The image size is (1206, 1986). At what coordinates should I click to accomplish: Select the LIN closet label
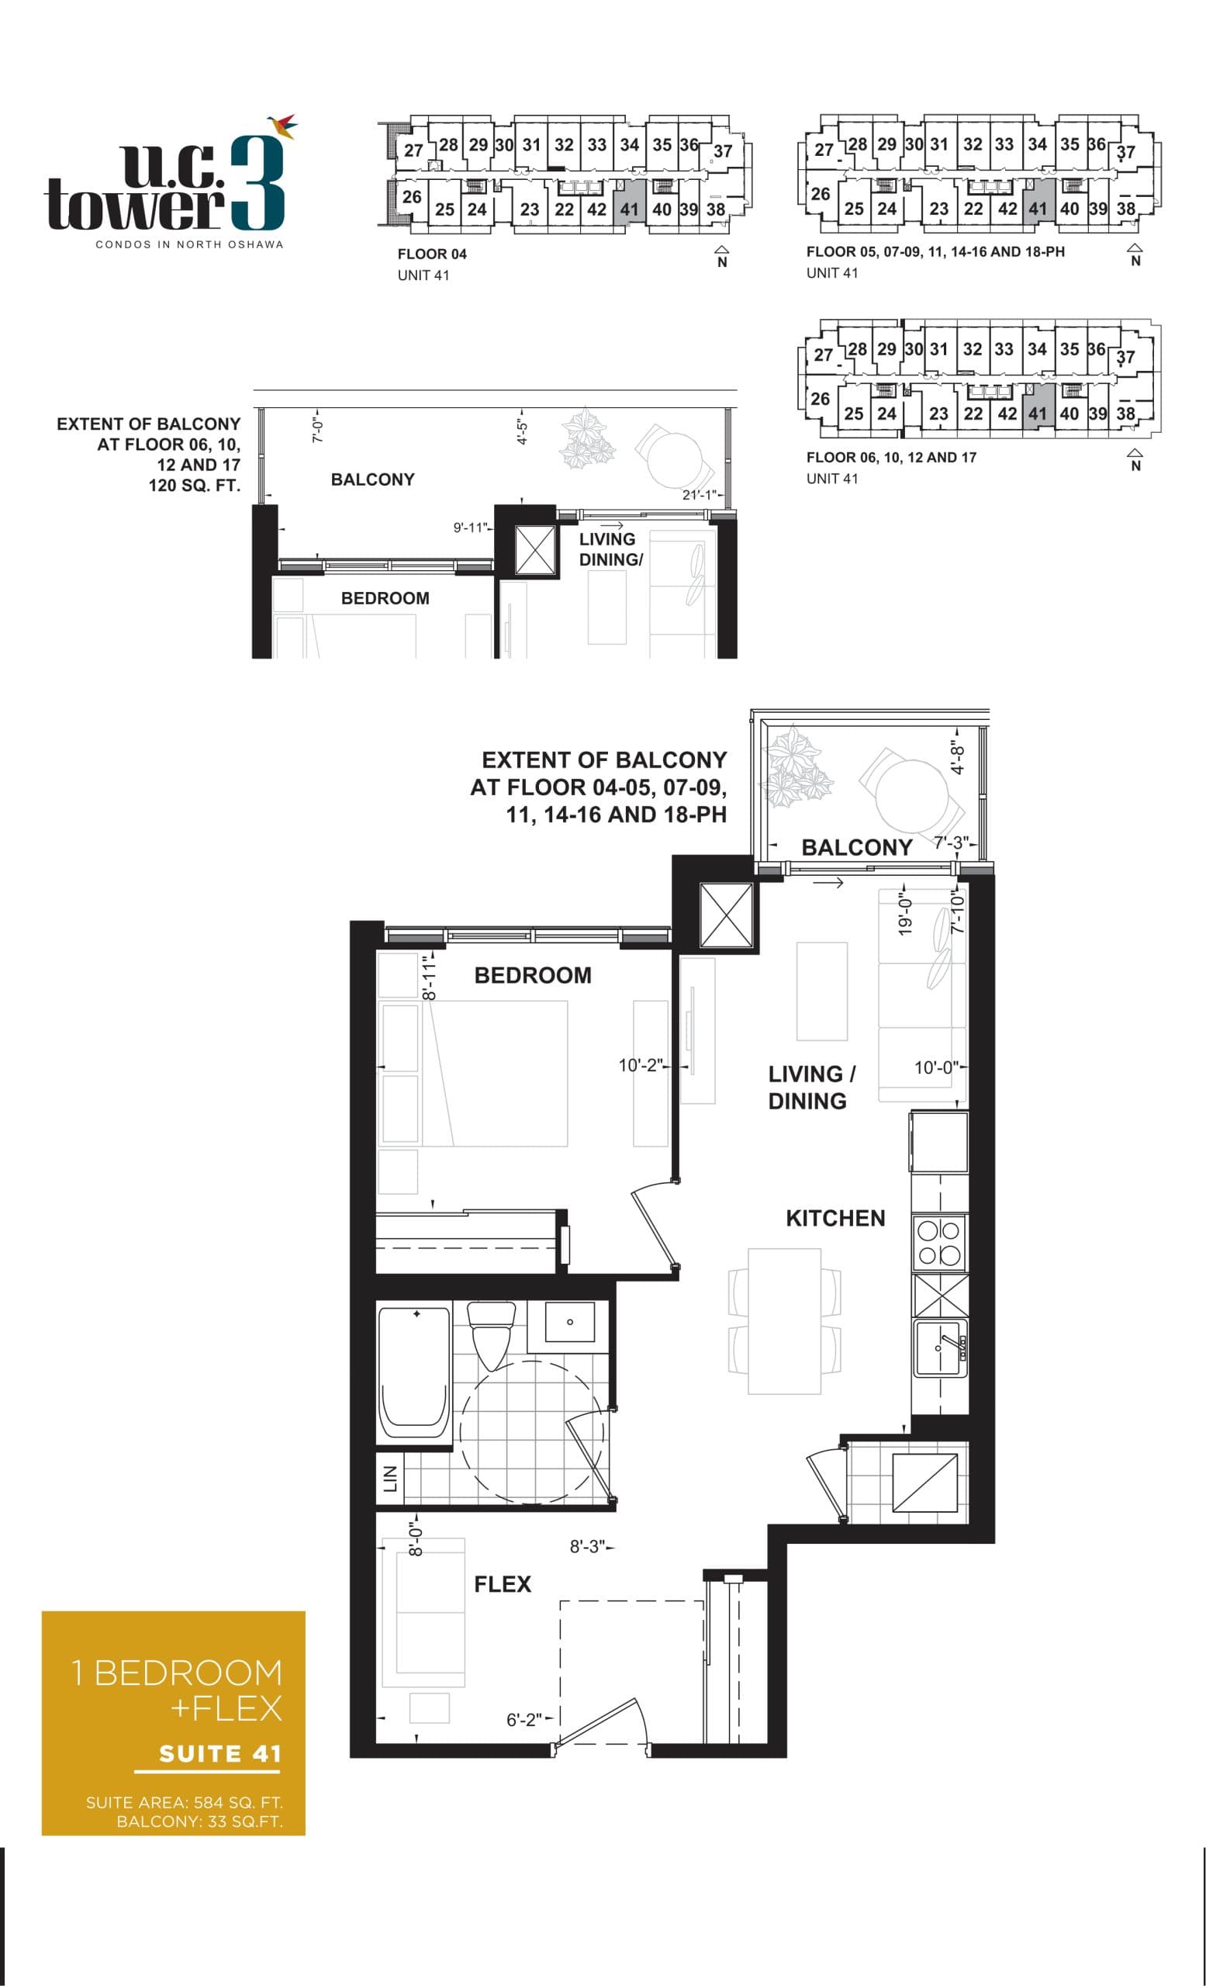(390, 1477)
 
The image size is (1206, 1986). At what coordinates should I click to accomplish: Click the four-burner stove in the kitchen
(939, 1242)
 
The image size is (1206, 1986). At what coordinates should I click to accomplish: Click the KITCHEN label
(835, 1218)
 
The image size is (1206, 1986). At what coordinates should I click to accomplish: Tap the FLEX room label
(502, 1584)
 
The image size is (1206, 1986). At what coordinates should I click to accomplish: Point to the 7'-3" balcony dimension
(951, 842)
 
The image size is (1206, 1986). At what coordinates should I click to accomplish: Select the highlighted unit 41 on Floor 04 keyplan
(629, 209)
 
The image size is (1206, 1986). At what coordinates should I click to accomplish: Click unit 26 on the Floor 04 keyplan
(412, 197)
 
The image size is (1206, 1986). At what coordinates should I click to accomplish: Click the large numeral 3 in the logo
(257, 184)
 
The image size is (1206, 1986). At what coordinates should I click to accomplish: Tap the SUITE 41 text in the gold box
(220, 1753)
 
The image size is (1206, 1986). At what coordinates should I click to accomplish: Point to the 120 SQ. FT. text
(194, 485)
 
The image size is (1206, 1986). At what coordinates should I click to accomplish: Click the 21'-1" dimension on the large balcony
(698, 495)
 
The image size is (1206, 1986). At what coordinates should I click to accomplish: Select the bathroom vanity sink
(569, 1322)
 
